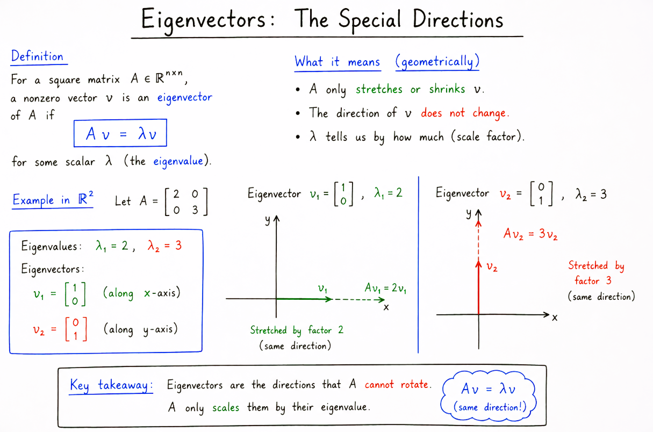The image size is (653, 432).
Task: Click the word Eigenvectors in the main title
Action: tap(204, 20)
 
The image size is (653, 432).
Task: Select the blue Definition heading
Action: tap(37, 56)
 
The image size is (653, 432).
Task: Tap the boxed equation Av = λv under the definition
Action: tap(120, 133)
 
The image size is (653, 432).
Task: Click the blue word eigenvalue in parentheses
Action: tap(178, 161)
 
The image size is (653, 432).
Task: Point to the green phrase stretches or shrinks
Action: tap(411, 89)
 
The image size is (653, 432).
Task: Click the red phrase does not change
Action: tap(465, 113)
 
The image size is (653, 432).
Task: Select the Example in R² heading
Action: tap(53, 200)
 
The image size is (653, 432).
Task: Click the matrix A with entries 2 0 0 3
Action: tap(186, 201)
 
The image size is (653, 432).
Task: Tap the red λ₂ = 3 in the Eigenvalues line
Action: tap(164, 246)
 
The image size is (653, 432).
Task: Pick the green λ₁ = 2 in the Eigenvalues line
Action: tap(112, 246)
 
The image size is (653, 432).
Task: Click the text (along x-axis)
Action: tap(142, 293)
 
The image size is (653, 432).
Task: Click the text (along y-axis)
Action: tap(141, 329)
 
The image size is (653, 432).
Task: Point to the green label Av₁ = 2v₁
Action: tap(385, 288)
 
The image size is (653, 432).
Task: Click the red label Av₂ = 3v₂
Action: tap(530, 234)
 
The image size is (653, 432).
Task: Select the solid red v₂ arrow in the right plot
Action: tap(478, 287)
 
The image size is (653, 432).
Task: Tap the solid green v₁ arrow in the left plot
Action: tap(304, 299)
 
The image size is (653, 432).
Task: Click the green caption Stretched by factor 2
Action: tap(297, 330)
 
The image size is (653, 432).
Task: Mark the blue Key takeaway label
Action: tap(111, 385)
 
